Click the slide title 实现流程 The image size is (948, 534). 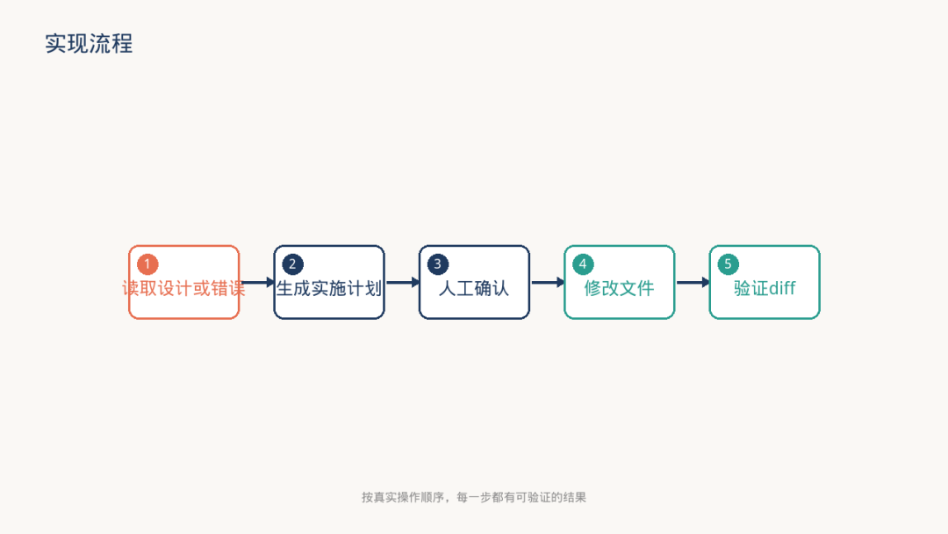click(x=89, y=44)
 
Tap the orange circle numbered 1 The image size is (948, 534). click(x=147, y=264)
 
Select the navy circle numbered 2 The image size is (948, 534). click(x=292, y=264)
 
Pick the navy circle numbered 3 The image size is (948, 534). click(x=438, y=264)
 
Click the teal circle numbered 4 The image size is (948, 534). click(x=583, y=264)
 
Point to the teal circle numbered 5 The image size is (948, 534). click(x=728, y=264)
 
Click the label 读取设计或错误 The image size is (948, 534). click(x=183, y=288)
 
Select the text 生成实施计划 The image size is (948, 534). click(x=329, y=288)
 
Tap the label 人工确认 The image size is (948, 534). click(x=474, y=288)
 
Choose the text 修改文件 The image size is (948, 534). click(x=619, y=288)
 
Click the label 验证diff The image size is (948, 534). click(x=765, y=288)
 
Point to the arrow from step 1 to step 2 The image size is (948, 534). click(x=257, y=283)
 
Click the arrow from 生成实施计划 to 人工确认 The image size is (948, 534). click(x=402, y=283)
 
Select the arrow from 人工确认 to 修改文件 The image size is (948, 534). click(x=547, y=283)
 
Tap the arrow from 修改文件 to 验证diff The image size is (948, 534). click(x=693, y=283)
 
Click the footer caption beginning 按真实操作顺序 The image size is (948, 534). click(x=474, y=497)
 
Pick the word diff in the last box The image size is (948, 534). click(x=782, y=288)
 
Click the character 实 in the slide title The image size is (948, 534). click(x=56, y=44)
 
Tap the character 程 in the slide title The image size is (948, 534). click(x=122, y=44)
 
